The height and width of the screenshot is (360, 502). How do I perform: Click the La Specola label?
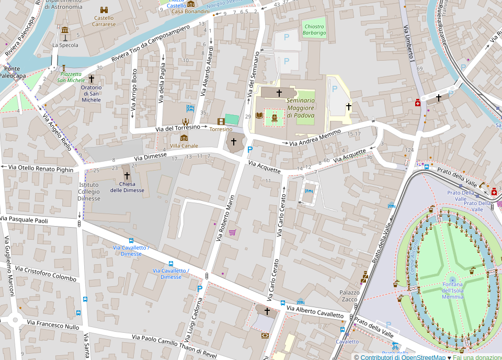(x=65, y=45)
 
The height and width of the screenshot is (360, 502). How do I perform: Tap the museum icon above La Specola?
(x=65, y=31)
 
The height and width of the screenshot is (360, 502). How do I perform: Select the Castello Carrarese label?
(x=104, y=21)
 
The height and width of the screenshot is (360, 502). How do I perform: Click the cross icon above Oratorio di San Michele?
(x=91, y=78)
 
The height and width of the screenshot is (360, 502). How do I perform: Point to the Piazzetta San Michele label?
(x=71, y=77)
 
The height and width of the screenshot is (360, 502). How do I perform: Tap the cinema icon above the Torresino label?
(x=221, y=121)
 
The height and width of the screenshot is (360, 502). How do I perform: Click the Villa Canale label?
(x=184, y=145)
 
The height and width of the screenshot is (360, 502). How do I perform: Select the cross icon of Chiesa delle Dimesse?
(x=127, y=175)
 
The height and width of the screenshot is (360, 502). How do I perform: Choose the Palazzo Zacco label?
(x=349, y=296)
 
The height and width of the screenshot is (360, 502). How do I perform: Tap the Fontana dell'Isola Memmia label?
(x=452, y=290)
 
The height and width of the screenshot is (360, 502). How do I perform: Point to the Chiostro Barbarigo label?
(x=314, y=30)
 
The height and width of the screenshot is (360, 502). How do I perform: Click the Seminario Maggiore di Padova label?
(x=301, y=108)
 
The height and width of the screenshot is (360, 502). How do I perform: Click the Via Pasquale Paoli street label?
(x=24, y=220)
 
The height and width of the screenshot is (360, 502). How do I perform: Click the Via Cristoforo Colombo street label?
(x=45, y=273)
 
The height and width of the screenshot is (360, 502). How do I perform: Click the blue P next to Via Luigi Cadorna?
(x=199, y=288)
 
